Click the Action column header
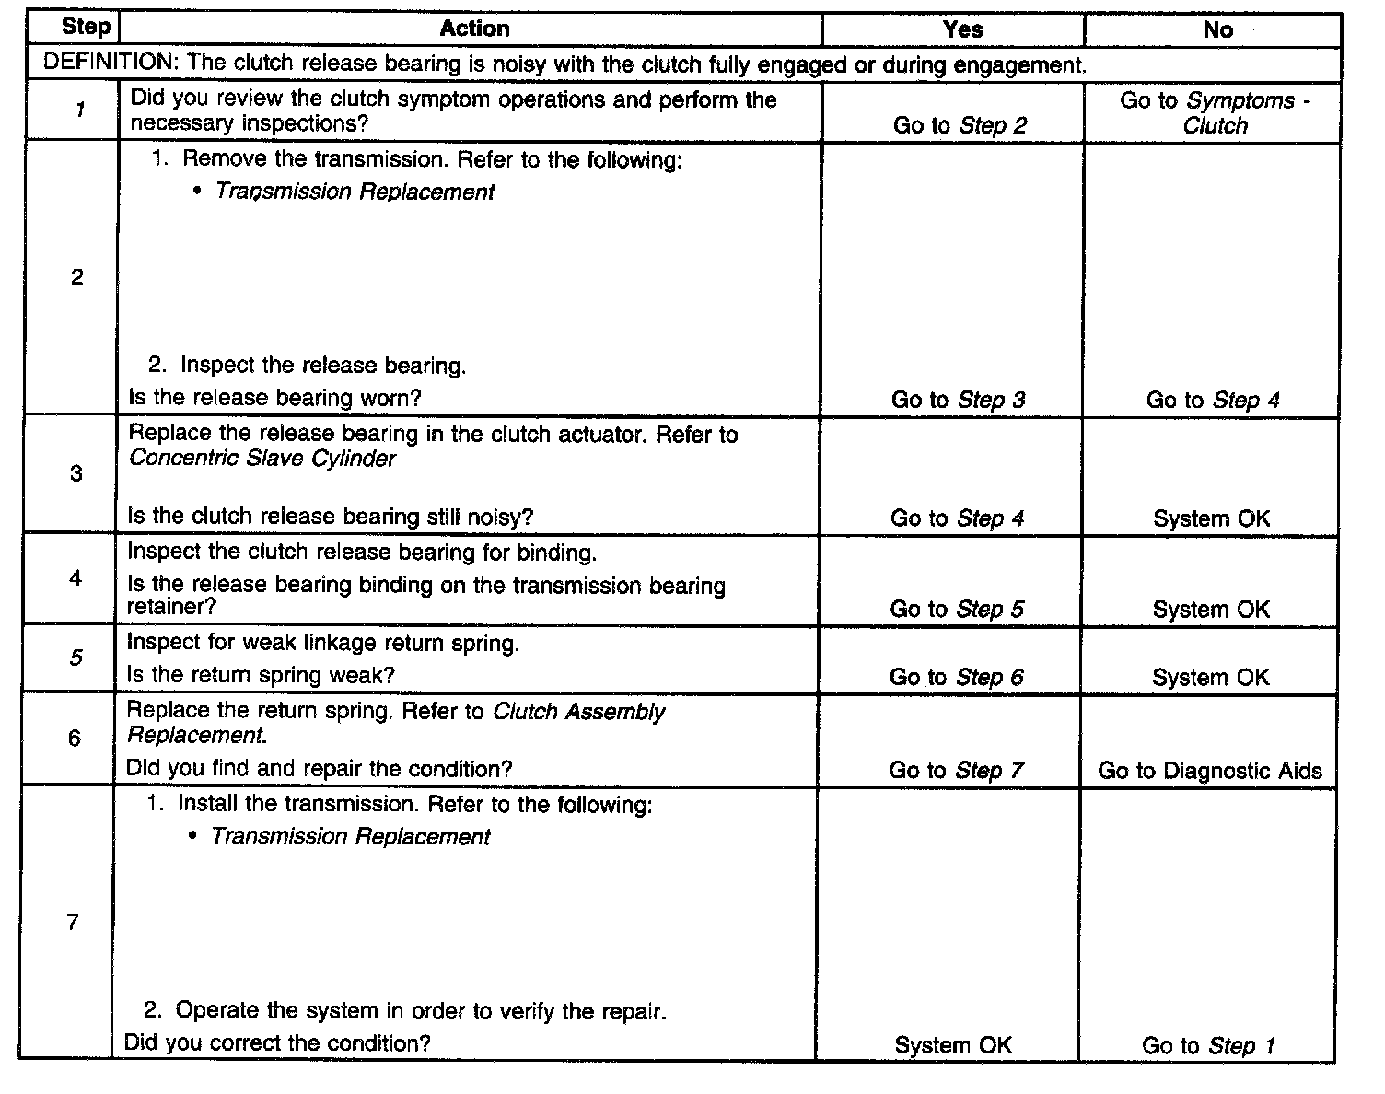click(x=474, y=29)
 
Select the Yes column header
click(x=962, y=29)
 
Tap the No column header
click(x=1217, y=29)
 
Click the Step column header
click(x=85, y=27)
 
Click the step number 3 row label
click(x=76, y=474)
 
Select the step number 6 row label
click(x=75, y=739)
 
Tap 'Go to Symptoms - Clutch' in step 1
click(x=1215, y=113)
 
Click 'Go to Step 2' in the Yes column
click(x=959, y=126)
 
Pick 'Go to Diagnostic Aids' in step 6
click(x=1209, y=771)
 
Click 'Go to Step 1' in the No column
click(x=1208, y=1046)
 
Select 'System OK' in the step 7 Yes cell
click(x=953, y=1046)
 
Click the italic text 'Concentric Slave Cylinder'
click(x=262, y=459)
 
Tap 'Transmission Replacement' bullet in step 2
click(x=355, y=192)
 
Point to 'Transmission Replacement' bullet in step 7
click(x=351, y=837)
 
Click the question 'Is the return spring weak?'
click(x=261, y=675)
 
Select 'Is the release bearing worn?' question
click(x=274, y=399)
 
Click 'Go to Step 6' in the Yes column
click(x=956, y=678)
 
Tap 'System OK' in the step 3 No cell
click(x=1211, y=518)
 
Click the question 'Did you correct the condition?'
click(x=277, y=1043)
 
